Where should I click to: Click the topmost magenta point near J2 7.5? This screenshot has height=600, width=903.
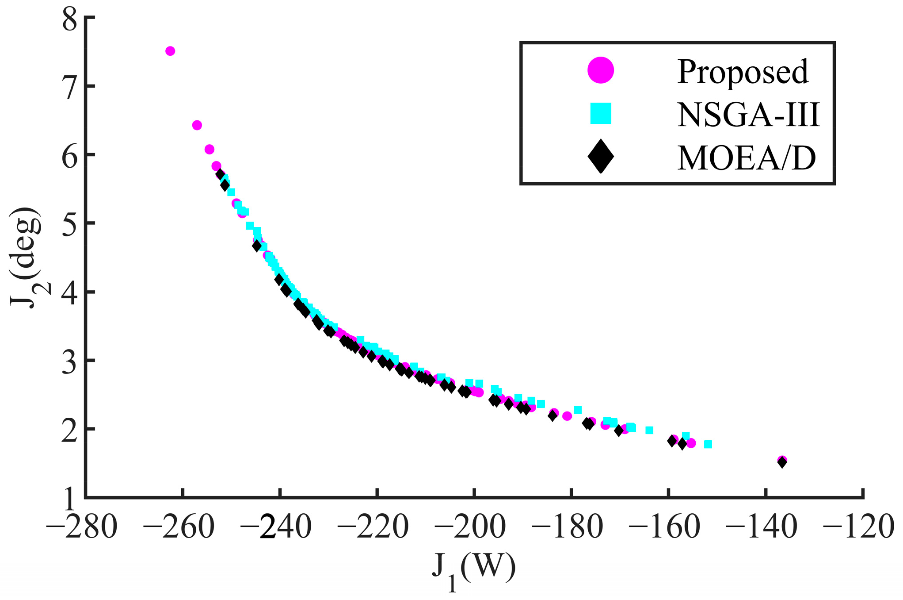170,51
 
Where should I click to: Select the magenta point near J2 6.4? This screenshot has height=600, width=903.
197,125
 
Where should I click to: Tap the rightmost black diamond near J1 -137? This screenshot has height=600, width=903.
782,462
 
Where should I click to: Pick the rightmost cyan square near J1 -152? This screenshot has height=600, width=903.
708,444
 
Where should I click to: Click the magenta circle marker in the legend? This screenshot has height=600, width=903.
601,70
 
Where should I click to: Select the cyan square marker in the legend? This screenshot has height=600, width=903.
601,113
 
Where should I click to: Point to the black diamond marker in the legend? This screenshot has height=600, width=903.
601,156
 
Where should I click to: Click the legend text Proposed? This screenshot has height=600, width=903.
743,72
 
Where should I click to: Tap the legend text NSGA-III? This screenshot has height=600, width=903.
748,115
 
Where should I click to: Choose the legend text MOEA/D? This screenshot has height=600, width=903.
746,158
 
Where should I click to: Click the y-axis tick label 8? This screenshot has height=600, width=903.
70,20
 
